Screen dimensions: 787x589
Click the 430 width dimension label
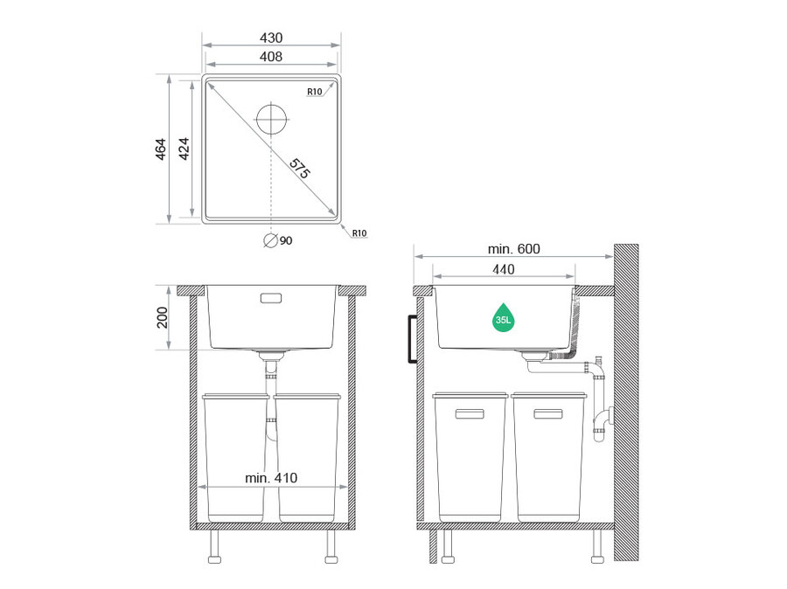click(x=271, y=38)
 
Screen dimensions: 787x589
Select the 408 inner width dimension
click(x=271, y=57)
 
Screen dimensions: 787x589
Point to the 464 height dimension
click(x=160, y=149)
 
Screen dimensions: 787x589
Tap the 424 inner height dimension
click(x=184, y=149)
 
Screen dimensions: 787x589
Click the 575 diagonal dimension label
click(x=300, y=169)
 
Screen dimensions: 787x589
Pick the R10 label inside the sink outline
click(x=315, y=91)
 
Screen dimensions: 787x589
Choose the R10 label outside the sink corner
click(x=359, y=232)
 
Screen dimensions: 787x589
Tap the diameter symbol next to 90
click(x=270, y=241)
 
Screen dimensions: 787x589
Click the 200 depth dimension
click(x=162, y=317)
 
